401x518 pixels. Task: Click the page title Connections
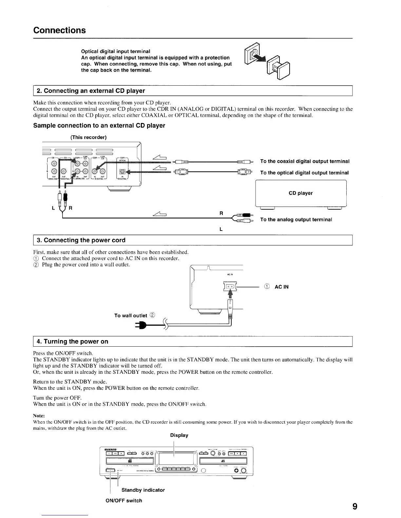coord(59,30)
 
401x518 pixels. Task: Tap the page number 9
coord(354,507)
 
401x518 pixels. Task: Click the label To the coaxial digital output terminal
coord(305,161)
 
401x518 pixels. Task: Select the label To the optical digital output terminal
coord(304,173)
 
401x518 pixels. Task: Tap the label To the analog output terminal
coord(296,219)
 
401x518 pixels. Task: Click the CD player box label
coord(300,193)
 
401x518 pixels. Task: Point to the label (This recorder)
coord(88,137)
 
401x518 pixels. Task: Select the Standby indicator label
coord(143,490)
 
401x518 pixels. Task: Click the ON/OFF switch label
coord(124,500)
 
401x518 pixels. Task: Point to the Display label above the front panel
coord(179,435)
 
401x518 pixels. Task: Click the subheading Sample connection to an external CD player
coord(99,126)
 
